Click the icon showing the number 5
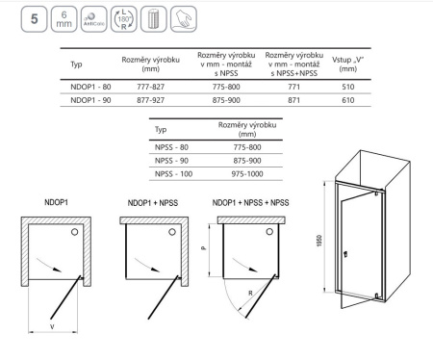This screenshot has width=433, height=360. (x=34, y=19)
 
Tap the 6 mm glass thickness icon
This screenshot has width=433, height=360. (x=64, y=19)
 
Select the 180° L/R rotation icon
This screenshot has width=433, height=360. (x=124, y=19)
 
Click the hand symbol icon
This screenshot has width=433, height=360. (x=184, y=19)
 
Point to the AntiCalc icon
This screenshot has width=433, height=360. (x=94, y=19)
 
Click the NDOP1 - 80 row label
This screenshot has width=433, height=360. (x=90, y=87)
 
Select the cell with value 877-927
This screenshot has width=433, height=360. (x=151, y=100)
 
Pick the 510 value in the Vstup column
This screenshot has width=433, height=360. (x=348, y=87)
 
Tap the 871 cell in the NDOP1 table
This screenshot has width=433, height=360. (x=293, y=100)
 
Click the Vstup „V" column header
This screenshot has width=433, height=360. (x=348, y=64)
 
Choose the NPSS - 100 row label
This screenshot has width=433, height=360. (x=173, y=174)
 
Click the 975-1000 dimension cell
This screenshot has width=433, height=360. (x=247, y=174)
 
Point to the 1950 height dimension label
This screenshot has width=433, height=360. (x=319, y=241)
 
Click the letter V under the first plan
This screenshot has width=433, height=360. (x=52, y=327)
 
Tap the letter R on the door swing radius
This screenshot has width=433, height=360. (x=250, y=293)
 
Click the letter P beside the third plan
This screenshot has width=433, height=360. (x=203, y=248)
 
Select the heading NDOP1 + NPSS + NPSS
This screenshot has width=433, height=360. (x=250, y=203)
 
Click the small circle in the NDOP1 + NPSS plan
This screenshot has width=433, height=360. (x=172, y=232)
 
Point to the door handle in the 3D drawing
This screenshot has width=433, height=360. (x=345, y=255)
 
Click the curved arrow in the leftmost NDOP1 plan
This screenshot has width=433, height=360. (x=49, y=264)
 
